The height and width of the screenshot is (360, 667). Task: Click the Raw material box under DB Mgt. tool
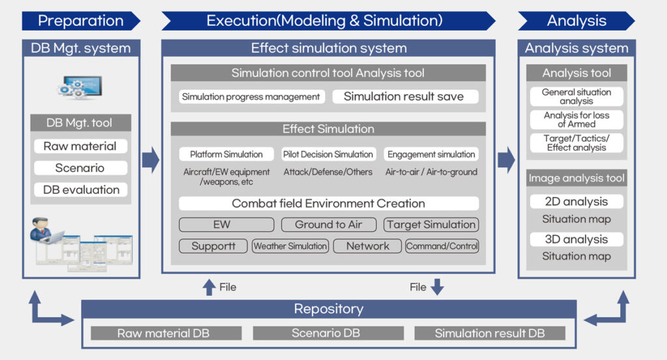pos(80,146)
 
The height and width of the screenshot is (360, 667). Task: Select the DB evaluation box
pos(80,189)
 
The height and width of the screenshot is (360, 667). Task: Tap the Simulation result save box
pos(404,96)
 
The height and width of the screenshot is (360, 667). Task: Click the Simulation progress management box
pos(251,96)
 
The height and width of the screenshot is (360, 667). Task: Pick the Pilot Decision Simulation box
pos(328,154)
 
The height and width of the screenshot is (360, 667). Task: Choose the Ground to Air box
pos(328,225)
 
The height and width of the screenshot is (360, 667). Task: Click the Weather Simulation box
pos(290,246)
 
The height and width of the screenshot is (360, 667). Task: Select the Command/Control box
pos(442,246)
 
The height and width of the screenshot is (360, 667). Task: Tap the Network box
pos(367,246)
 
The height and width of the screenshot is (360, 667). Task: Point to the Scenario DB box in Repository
pos(326,333)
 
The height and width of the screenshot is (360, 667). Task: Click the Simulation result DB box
pos(490,333)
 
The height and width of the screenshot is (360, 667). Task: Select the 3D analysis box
pos(576,239)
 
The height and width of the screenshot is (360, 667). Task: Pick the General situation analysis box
pos(576,96)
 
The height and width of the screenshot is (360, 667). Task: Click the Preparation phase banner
pos(81,21)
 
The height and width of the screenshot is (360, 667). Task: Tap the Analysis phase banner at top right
pos(576,21)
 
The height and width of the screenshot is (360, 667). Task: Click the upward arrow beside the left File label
pos(208,287)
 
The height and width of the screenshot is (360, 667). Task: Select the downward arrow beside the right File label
pos(437,286)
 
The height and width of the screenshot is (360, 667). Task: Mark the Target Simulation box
pos(431,225)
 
